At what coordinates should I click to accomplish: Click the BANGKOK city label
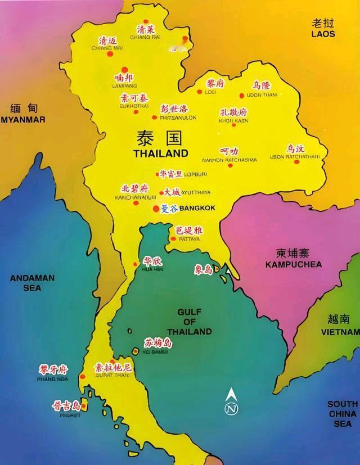click(x=197, y=208)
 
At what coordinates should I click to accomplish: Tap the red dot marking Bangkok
click(x=156, y=209)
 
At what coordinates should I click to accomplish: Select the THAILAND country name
click(x=160, y=153)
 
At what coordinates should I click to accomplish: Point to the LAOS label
click(x=323, y=34)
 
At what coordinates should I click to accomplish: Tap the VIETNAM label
click(x=340, y=332)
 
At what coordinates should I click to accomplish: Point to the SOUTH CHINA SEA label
click(x=343, y=414)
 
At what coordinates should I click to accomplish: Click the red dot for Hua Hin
click(x=135, y=264)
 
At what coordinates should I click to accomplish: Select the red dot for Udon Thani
click(x=242, y=96)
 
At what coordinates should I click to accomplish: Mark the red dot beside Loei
click(x=199, y=92)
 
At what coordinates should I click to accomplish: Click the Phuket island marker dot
click(x=84, y=405)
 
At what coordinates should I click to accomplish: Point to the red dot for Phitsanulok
click(x=155, y=117)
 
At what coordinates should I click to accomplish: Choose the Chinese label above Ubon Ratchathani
click(x=296, y=149)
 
